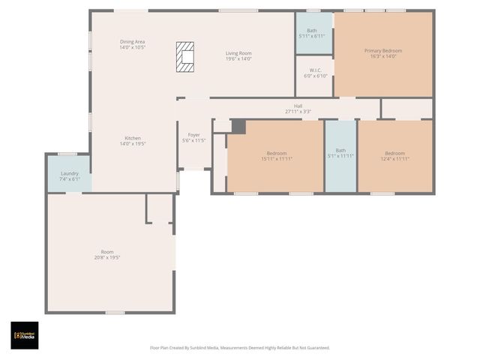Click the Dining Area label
coord(132,43)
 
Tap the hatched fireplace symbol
coord(185,57)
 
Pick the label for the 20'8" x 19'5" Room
coord(108,254)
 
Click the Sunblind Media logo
coord(24,335)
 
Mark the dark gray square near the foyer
coord(238,127)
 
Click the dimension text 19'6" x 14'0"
coord(238,59)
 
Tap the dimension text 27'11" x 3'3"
coord(298,112)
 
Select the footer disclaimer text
coord(239,348)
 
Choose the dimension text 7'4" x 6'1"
coord(70,179)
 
